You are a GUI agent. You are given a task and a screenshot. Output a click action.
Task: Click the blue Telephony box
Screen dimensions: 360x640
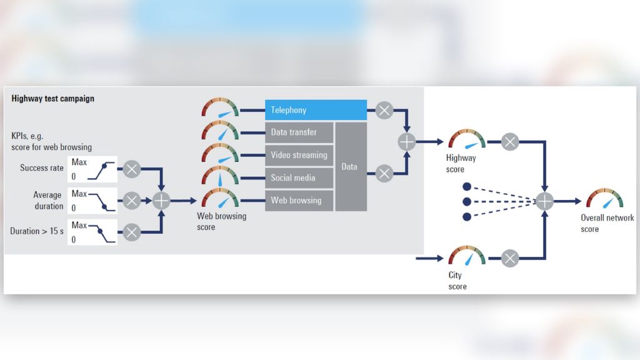click(316, 110)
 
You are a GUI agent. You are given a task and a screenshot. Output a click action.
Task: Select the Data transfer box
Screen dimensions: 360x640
click(299, 132)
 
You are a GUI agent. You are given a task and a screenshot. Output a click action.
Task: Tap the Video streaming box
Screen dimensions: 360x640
click(299, 155)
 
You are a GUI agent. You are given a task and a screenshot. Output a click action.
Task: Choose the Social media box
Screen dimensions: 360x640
click(299, 178)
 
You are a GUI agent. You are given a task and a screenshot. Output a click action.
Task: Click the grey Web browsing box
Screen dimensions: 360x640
click(299, 201)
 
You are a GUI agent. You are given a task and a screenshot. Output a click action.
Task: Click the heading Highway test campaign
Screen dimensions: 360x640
click(53, 98)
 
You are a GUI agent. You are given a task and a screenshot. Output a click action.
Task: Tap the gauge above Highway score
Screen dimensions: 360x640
click(467, 141)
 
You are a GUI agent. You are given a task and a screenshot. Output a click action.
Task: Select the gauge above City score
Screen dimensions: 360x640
click(467, 256)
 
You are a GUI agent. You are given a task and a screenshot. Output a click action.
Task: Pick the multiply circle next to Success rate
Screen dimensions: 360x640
click(132, 169)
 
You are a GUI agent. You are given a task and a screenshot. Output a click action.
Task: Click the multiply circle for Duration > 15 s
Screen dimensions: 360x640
click(132, 232)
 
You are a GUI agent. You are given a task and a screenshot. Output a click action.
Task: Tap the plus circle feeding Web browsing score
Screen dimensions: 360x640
click(161, 201)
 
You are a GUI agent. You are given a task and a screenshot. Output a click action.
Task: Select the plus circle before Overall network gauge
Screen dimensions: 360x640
click(545, 201)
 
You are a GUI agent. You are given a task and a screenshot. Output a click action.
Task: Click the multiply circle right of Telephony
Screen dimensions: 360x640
click(384, 111)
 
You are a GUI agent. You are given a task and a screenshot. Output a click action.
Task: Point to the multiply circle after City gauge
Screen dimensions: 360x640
click(510, 257)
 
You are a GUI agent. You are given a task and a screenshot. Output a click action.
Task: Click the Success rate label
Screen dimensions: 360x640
click(42, 167)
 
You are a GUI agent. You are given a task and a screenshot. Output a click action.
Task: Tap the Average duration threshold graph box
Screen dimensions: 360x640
click(92, 201)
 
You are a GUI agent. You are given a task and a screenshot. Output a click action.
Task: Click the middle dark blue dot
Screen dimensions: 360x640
click(466, 201)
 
